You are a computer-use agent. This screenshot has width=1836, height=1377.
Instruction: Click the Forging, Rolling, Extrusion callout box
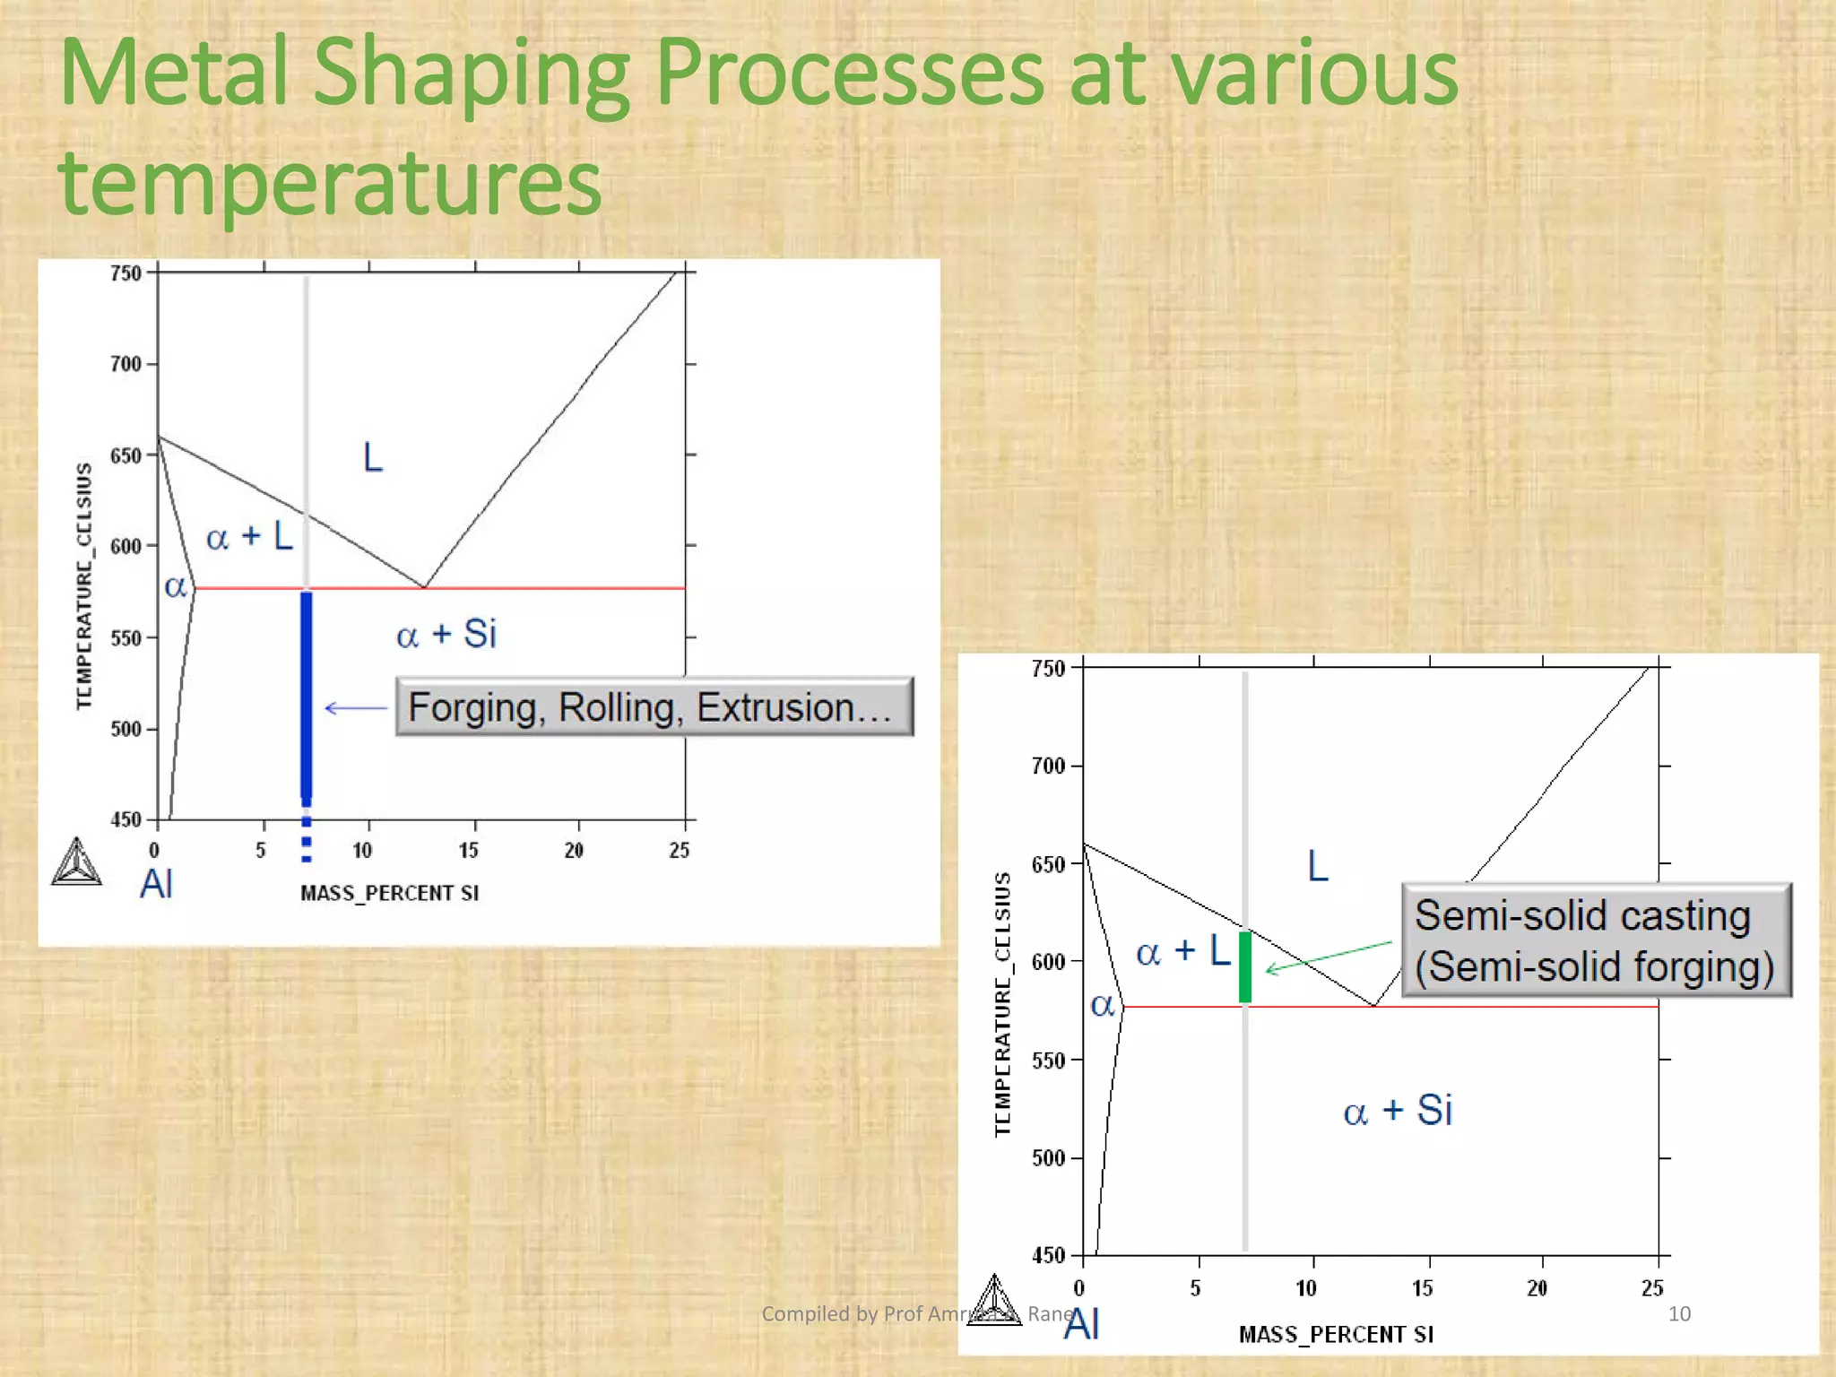tap(654, 707)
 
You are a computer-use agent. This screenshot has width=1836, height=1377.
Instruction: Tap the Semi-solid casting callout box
tap(1596, 940)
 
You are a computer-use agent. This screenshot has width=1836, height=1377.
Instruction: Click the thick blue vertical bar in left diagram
tap(307, 695)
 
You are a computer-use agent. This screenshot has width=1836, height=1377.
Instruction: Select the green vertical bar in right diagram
tap(1245, 966)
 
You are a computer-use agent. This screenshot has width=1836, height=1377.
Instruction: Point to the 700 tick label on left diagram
tap(126, 364)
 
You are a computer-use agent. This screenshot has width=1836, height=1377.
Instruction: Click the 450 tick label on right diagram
tap(1048, 1255)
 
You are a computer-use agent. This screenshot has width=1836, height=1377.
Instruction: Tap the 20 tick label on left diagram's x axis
tap(574, 850)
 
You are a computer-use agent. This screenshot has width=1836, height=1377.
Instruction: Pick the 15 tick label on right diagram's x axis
tap(1422, 1288)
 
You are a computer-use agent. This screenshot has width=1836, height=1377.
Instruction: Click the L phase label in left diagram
tap(373, 457)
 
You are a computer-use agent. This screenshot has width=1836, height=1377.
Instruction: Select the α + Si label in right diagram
tap(1398, 1111)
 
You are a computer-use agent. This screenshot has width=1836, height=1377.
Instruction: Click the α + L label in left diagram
tap(249, 537)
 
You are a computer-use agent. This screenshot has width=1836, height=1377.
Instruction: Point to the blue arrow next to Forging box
tap(355, 708)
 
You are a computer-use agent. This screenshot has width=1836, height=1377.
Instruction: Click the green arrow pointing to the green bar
tap(1328, 957)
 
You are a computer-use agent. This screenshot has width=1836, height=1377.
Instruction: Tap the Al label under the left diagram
tap(157, 884)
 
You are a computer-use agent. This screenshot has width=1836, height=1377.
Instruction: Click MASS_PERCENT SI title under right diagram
tap(1336, 1335)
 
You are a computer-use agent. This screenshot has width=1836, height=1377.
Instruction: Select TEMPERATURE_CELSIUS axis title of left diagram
tap(84, 586)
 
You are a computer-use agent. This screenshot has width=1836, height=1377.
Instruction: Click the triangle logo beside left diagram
tap(77, 862)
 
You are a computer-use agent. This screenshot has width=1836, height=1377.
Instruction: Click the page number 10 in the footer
tap(1678, 1314)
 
